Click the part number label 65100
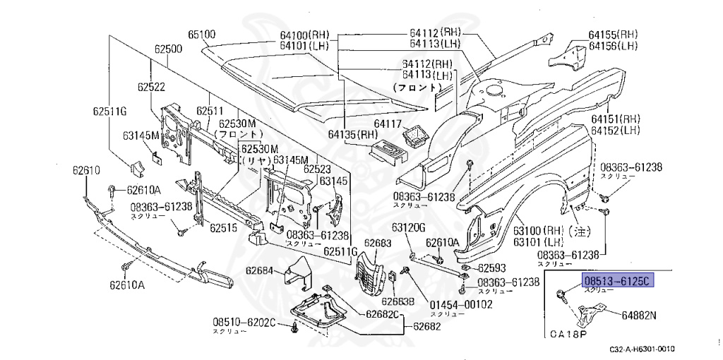click(x=202, y=33)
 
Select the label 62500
click(x=169, y=49)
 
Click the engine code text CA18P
click(x=568, y=333)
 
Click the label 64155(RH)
click(x=613, y=35)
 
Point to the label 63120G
click(x=409, y=227)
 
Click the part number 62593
click(x=492, y=268)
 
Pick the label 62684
click(x=260, y=270)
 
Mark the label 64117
click(x=388, y=124)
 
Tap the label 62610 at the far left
click(x=86, y=170)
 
